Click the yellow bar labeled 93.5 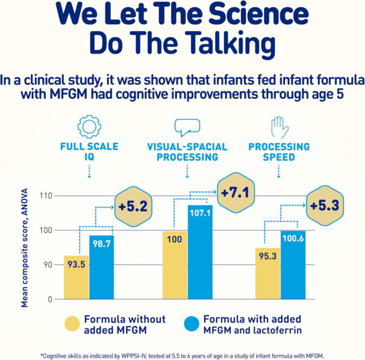click(x=76, y=277)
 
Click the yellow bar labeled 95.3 click(x=267, y=274)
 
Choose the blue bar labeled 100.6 click(x=292, y=265)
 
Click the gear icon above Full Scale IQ click(x=88, y=126)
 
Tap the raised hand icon click(x=277, y=126)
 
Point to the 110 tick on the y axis click(x=45, y=196)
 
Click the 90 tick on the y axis click(x=47, y=265)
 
